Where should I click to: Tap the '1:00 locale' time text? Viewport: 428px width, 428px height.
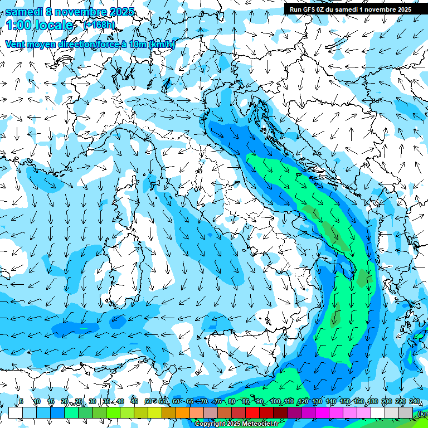39,25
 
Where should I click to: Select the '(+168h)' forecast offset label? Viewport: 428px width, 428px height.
100,25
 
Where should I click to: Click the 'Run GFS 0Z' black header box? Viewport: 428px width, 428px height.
350,9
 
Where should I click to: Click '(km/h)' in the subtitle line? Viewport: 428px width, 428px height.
162,44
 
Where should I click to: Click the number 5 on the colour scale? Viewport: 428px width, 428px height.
21,401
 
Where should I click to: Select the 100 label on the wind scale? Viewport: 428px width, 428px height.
275,401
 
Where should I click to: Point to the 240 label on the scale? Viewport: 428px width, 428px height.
415,401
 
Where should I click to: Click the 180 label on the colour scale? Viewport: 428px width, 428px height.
372,401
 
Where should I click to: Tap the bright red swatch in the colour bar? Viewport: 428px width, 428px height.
252,412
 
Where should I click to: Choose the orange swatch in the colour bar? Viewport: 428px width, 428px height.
169,412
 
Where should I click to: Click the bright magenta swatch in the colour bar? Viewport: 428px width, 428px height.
322,412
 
